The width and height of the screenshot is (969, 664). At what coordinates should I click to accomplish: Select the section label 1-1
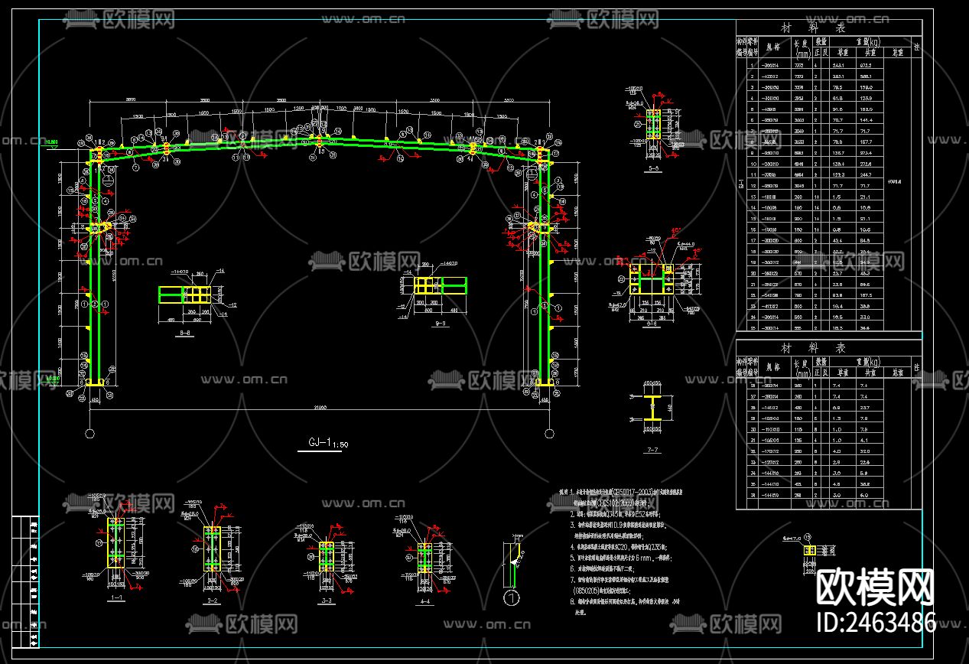click(x=116, y=598)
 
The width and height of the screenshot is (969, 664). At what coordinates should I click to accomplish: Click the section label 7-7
click(x=652, y=451)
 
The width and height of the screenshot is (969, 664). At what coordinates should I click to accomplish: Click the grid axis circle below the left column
click(x=90, y=435)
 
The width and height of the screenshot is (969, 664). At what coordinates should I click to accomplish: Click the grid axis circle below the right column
click(x=548, y=435)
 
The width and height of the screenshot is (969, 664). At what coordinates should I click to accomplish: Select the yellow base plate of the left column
click(x=96, y=382)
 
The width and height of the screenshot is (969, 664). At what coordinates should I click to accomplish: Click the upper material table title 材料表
click(x=828, y=28)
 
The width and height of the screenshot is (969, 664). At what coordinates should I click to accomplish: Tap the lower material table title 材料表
click(x=828, y=347)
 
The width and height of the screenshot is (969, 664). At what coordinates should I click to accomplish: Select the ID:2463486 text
click(x=876, y=622)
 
